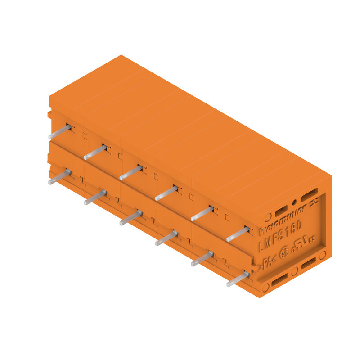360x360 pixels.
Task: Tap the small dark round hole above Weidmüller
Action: (x=294, y=202)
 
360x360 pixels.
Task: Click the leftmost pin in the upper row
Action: (x=59, y=132)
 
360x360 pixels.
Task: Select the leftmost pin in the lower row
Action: (x=59, y=177)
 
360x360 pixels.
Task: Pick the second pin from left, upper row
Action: (x=95, y=152)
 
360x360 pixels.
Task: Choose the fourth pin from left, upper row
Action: (x=166, y=193)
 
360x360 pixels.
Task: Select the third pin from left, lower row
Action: (x=130, y=218)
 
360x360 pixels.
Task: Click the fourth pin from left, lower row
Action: (x=166, y=238)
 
